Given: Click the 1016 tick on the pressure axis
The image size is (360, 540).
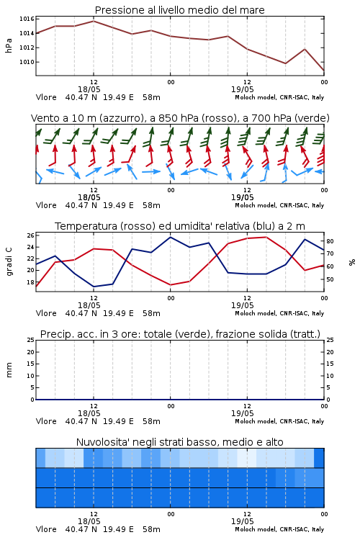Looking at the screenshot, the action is coord(27,19).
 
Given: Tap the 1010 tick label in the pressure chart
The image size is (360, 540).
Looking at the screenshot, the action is coord(27,62).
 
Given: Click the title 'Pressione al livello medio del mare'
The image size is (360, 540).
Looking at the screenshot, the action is coord(180,10).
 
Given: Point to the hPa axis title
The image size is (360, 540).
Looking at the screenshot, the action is coord(9,45).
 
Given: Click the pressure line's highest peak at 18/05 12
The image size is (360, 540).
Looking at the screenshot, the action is coord(94,21).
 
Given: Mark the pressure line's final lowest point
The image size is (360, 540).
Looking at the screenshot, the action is coord(324,71).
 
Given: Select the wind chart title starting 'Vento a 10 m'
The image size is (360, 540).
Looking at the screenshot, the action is coord(180,118).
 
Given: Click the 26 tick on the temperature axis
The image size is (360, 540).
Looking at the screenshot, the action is coord(31,235).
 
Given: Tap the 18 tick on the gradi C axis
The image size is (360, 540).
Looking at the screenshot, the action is coord(31,282).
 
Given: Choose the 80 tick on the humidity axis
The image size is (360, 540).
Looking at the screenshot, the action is coord(330,241).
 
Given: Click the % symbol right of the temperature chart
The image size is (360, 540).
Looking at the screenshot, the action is coord(352,262).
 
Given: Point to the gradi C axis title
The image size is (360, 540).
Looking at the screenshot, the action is coord(9,262).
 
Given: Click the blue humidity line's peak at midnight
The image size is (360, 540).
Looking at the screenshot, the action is coord(171,237).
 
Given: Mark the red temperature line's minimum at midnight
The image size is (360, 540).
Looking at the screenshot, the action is coord(171,285).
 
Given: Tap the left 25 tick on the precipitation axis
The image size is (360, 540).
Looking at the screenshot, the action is coord(31,340).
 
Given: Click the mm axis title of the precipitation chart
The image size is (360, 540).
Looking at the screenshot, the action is coord(9,370).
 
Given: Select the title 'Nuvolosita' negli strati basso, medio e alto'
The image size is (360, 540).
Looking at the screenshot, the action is coord(180,442).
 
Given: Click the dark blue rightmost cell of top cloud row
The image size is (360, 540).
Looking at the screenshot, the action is coord(319,458).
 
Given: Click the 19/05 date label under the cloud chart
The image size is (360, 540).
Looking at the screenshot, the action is coord(243,521).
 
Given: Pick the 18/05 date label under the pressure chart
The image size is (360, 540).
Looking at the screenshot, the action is coord(89,89).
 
